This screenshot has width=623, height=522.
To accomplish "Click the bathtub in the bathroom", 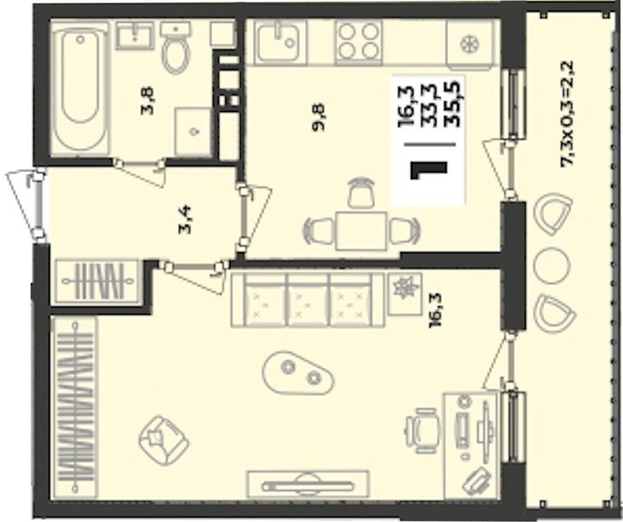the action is pos(80,88).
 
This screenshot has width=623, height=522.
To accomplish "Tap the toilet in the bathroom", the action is pos(176,48).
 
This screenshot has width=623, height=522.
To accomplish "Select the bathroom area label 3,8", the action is pos(149,102).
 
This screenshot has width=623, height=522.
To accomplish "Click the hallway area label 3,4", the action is pos(185,219).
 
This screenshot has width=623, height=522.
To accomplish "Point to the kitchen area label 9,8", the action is pos(319,117).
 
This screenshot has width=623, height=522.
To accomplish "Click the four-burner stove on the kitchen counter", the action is pos(359,42).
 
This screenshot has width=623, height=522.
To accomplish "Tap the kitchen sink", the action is pos(281,40).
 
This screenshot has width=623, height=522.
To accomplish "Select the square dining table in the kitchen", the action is pos(361,231).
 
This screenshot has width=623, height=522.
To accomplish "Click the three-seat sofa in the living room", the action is pos(308,299).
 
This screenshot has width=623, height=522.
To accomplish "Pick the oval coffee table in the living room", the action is pos(298,372).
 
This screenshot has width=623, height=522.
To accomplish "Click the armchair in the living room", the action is pos(163,440).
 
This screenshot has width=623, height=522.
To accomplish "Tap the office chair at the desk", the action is pos(422,431).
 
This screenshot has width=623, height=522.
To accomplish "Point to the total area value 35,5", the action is pos(453,104).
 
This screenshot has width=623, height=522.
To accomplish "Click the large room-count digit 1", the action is pos(429,171).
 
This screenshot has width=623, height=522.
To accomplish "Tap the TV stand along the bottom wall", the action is pos(307,485).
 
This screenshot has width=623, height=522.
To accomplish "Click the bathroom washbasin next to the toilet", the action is pos(135,35).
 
